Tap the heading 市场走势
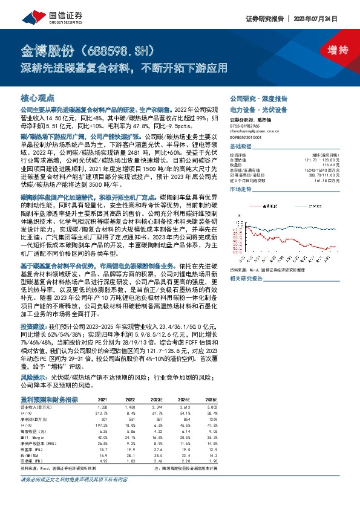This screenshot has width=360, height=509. [x=241, y=189]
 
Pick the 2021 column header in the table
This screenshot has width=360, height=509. [x=102, y=400]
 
